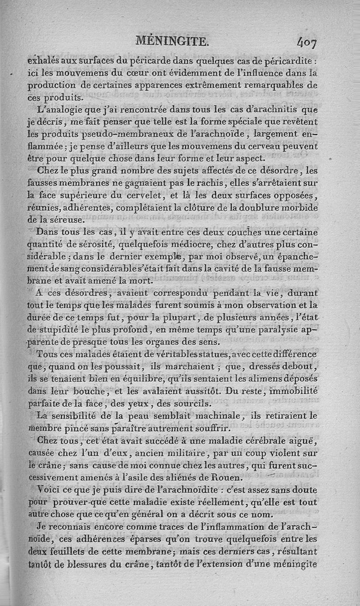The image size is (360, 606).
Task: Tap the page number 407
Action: click(307, 43)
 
